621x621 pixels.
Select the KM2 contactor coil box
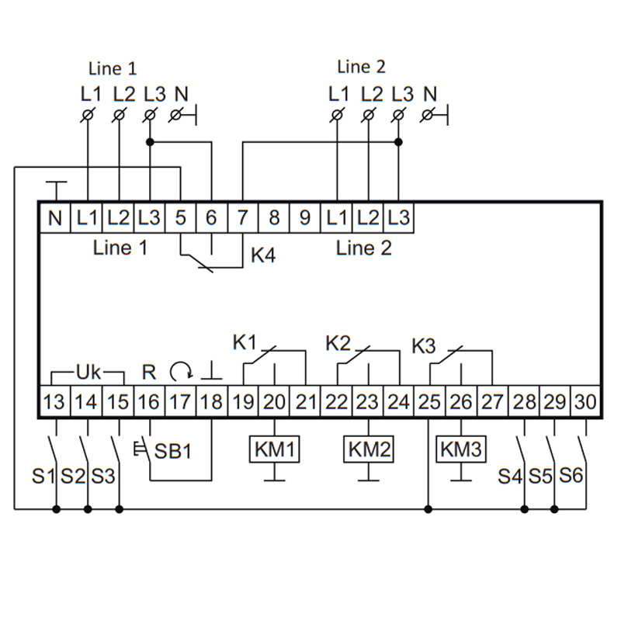point(368,449)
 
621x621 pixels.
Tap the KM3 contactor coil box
point(461,449)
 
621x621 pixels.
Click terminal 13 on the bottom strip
point(55,402)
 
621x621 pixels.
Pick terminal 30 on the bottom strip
point(585,402)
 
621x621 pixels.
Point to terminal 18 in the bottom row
point(211,402)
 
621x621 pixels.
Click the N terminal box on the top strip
point(55,218)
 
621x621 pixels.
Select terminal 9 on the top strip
point(305,218)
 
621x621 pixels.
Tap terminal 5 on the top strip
point(180,218)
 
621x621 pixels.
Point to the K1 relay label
point(245,342)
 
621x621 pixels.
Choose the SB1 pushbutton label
point(172,451)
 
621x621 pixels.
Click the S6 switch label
point(571,475)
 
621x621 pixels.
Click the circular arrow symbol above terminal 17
point(179,372)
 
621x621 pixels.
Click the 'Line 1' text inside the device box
point(120,248)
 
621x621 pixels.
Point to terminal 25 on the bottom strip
point(428,402)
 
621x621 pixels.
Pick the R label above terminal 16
point(149,372)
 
